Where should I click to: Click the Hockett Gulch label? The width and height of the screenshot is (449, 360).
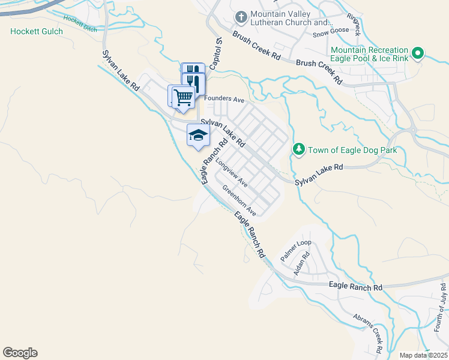(37, 31)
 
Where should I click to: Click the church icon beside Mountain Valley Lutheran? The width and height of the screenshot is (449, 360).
(241, 17)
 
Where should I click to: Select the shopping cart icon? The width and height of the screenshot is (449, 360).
(183, 96)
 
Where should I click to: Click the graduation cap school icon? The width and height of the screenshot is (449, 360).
(198, 135)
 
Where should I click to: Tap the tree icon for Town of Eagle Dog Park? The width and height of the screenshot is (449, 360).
(298, 148)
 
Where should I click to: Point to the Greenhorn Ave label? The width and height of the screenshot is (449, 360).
(240, 200)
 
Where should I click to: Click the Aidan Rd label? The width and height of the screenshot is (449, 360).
(306, 263)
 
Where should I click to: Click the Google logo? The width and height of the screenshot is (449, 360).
(20, 353)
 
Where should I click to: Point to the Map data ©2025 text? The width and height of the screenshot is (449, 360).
(423, 355)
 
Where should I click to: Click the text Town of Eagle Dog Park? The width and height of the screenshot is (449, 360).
(352, 149)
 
